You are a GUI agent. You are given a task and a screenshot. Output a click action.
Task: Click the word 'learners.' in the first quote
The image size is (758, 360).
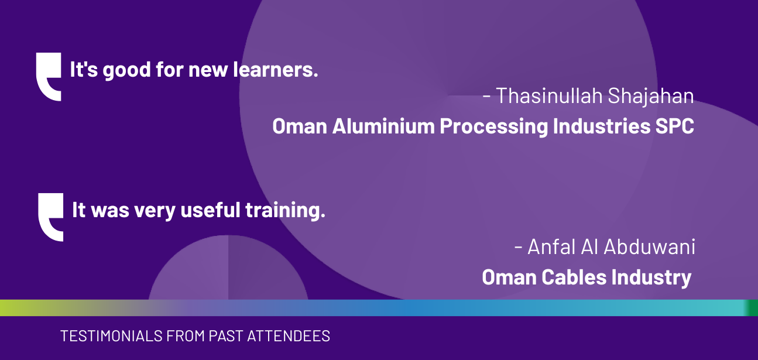276,69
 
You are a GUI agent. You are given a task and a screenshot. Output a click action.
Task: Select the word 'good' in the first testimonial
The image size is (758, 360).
126,71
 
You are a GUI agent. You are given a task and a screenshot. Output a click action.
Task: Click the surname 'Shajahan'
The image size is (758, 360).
651,97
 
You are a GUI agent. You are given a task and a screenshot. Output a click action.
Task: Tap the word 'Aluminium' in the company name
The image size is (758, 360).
383,126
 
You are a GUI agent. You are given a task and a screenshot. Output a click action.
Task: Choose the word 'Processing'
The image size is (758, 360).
493,126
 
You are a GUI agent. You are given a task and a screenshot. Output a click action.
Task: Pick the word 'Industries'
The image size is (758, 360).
602,126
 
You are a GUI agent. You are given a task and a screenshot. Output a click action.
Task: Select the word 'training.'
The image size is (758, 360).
285,211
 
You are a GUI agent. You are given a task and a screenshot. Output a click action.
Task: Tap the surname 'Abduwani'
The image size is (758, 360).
649,246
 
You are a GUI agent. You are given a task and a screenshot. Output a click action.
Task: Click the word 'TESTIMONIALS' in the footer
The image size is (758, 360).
111,336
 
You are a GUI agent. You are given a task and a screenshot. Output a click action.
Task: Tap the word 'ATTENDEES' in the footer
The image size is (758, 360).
289,336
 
